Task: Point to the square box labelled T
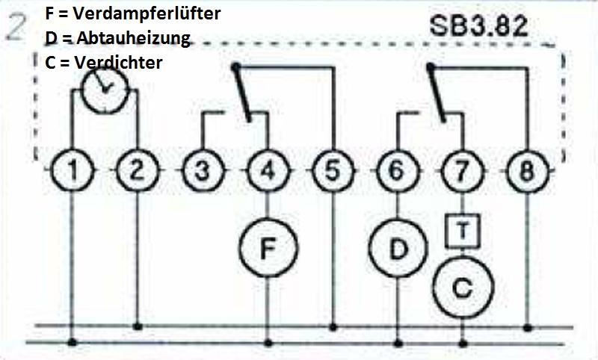[x=463, y=231]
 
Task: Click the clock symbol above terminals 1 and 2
[x=105, y=87]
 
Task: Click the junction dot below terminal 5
[x=332, y=327]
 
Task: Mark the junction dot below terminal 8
[x=528, y=327]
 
